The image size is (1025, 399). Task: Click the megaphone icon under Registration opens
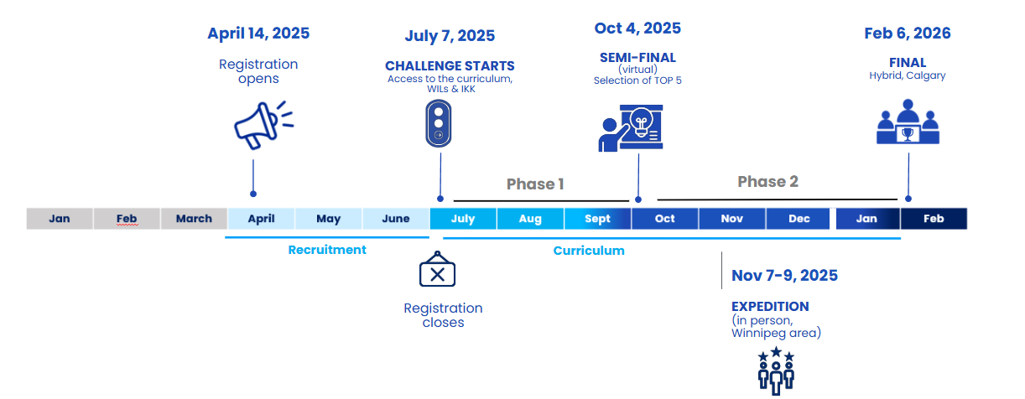pyautogui.click(x=263, y=124)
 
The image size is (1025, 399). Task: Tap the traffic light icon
pyautogui.click(x=438, y=123)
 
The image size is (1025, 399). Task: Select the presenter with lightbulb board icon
pyautogui.click(x=631, y=128)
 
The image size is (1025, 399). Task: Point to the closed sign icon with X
pyautogui.click(x=436, y=271)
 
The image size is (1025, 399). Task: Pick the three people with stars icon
pyautogui.click(x=776, y=370)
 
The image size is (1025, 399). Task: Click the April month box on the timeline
pyautogui.click(x=262, y=219)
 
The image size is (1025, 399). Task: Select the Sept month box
pyautogui.click(x=597, y=219)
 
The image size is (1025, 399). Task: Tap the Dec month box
pyautogui.click(x=799, y=219)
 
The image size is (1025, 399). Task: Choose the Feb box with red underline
pyautogui.click(x=127, y=219)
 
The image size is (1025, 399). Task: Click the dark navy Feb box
pyautogui.click(x=934, y=219)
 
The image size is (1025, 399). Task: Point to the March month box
pyautogui.click(x=194, y=219)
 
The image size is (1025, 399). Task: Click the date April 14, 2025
pyautogui.click(x=258, y=34)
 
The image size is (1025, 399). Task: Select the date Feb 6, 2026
pyautogui.click(x=907, y=34)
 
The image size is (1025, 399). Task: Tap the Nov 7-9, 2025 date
pyautogui.click(x=784, y=276)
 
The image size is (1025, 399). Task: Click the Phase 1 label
pyautogui.click(x=535, y=184)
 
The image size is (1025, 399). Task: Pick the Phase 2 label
pyautogui.click(x=767, y=182)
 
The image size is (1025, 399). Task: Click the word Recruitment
pyautogui.click(x=327, y=250)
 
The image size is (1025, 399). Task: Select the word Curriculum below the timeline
pyautogui.click(x=589, y=251)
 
